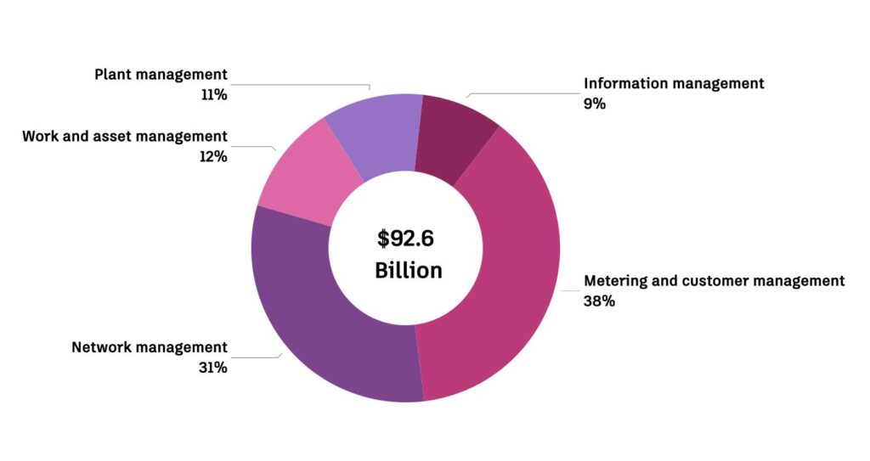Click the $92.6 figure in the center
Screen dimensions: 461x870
(405, 239)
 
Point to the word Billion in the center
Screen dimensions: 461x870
(408, 271)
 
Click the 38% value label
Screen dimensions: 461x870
(599, 301)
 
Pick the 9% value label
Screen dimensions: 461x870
(595, 104)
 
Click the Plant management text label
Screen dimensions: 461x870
(161, 75)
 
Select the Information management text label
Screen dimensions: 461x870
(674, 83)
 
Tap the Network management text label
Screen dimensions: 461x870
(150, 347)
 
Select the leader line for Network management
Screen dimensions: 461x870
(255, 357)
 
